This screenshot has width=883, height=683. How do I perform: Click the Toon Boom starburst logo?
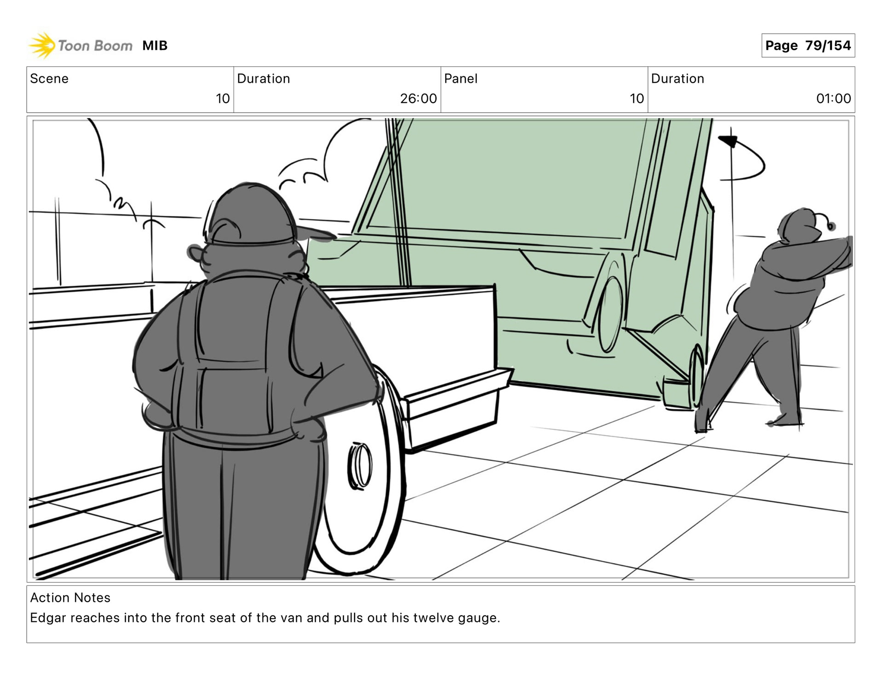click(41, 46)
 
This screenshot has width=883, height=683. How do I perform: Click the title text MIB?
click(155, 46)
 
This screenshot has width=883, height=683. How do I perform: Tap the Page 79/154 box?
click(808, 46)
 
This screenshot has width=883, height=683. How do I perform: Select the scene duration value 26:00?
click(418, 98)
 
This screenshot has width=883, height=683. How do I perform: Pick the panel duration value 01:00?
click(833, 98)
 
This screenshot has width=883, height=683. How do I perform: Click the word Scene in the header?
click(49, 79)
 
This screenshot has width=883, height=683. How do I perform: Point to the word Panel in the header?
click(461, 79)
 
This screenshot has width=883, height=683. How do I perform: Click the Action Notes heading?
click(70, 597)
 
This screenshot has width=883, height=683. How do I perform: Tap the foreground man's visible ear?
click(195, 253)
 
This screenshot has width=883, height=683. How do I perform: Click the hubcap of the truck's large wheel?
click(359, 465)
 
